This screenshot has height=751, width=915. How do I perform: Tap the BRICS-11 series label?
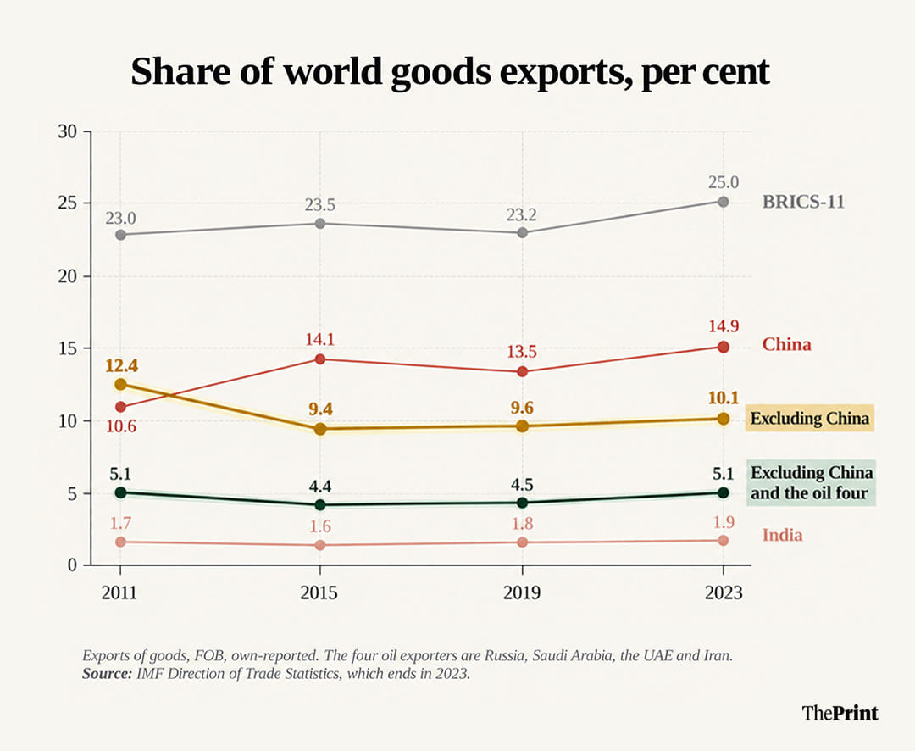click(x=803, y=202)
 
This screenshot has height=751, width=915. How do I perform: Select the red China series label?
click(x=786, y=344)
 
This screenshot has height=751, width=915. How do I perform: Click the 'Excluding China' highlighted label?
click(x=809, y=418)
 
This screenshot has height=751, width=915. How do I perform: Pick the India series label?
click(x=782, y=535)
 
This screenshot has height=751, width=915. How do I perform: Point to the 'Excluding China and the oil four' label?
click(x=812, y=482)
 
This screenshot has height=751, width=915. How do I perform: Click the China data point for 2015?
click(x=319, y=359)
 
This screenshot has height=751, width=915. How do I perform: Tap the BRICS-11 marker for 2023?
click(x=723, y=202)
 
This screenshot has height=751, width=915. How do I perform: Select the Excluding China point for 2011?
click(x=120, y=384)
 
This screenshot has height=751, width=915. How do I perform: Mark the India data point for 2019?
click(x=522, y=542)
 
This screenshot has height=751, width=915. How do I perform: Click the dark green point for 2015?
click(x=319, y=504)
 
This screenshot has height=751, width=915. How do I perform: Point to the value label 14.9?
click(x=724, y=325)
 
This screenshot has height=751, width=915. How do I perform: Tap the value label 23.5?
click(x=319, y=205)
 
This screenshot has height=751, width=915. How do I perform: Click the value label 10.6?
click(x=121, y=426)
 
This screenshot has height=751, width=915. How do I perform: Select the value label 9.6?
click(x=522, y=407)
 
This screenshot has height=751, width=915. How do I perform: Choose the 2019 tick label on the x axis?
click(x=522, y=592)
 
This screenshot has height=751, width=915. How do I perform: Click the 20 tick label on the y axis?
click(x=68, y=276)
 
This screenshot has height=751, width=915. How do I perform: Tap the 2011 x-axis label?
click(x=119, y=592)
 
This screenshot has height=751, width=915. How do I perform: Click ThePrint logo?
click(x=840, y=713)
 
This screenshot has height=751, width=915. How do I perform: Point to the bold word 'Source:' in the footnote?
click(x=108, y=673)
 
